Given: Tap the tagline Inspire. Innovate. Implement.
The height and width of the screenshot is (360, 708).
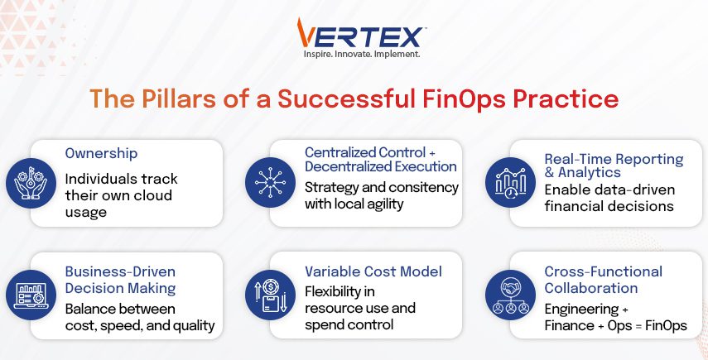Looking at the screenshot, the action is click(x=362, y=54).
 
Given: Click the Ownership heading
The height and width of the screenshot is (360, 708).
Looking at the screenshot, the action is click(x=101, y=153).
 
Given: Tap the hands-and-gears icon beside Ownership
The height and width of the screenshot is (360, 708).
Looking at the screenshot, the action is click(x=31, y=183).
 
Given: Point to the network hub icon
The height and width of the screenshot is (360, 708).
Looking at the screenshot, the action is click(x=270, y=183).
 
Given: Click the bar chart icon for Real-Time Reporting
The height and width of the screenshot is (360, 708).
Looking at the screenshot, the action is click(x=510, y=183).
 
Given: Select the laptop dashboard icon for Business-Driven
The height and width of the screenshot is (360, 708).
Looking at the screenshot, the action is click(x=31, y=295).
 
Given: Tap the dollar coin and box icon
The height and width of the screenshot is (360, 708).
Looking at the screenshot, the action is click(x=270, y=295).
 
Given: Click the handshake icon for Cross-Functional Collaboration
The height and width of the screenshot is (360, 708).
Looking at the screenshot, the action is click(x=510, y=295).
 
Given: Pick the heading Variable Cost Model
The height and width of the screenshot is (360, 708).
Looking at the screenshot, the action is click(x=373, y=271).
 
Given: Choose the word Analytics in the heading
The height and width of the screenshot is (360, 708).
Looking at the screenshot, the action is click(x=590, y=172).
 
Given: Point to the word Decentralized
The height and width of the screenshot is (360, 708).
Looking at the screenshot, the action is click(x=348, y=166).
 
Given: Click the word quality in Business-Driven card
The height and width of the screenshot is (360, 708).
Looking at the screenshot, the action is click(x=195, y=326).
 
